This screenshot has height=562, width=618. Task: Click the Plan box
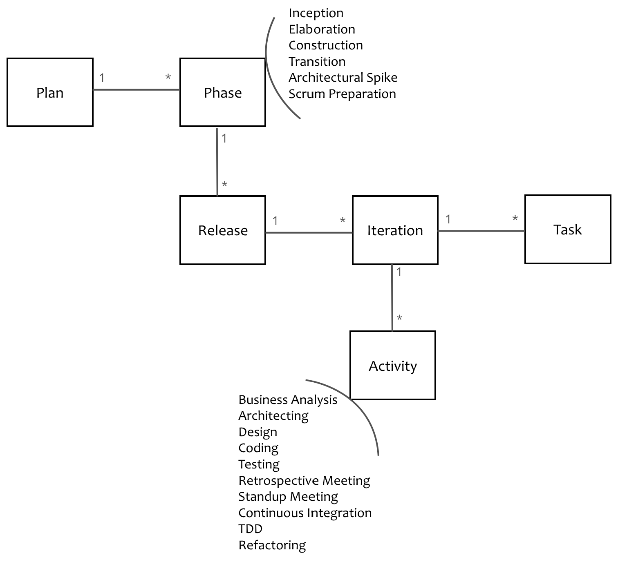coord(50,92)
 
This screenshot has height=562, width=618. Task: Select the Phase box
coord(223,92)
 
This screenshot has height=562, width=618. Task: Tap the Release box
coord(223,230)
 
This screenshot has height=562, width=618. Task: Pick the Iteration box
coord(395,230)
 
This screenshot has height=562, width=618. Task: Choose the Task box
coord(568,230)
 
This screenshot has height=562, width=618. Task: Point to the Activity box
coord(393,366)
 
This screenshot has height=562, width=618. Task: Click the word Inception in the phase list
coord(316,13)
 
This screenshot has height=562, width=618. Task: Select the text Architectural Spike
coord(343,78)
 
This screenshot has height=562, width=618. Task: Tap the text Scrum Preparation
coord(342,94)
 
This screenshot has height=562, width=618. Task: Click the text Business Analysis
coord(288,400)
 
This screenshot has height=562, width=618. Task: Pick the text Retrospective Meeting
coord(304,481)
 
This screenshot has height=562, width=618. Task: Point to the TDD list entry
coord(250,529)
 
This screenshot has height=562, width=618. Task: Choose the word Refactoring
coord(272,545)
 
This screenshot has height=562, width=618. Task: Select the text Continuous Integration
coord(305,513)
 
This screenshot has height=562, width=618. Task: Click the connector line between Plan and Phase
coord(137,90)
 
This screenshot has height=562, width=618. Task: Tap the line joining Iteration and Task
coord(481,231)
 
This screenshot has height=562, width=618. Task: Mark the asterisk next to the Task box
coord(515,219)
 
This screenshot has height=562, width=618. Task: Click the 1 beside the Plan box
coord(102,78)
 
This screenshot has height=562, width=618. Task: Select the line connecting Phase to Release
coord(217,161)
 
